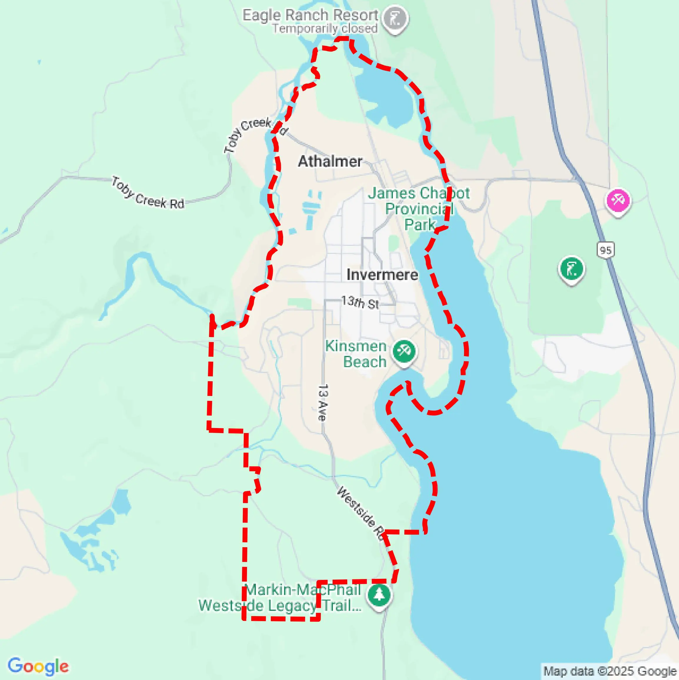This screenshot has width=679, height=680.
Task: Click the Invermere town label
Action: point(382,275)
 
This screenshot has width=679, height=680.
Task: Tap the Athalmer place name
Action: point(330,162)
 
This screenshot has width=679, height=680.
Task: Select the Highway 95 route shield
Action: point(605,250)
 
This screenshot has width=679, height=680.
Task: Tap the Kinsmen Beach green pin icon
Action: point(404,351)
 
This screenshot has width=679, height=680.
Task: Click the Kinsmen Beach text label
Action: point(356,354)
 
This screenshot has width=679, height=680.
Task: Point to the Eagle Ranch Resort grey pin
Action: point(396,18)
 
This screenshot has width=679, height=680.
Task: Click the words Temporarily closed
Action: point(325,29)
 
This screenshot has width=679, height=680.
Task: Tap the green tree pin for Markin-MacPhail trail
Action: point(379,595)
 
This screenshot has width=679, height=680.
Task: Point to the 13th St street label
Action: point(360,302)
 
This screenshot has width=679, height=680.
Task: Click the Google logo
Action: point(38,666)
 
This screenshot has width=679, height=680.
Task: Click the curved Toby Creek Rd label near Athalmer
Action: point(255,133)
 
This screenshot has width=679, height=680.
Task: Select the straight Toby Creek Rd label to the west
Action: point(148,193)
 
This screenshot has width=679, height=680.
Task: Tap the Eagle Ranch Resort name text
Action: point(310,15)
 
